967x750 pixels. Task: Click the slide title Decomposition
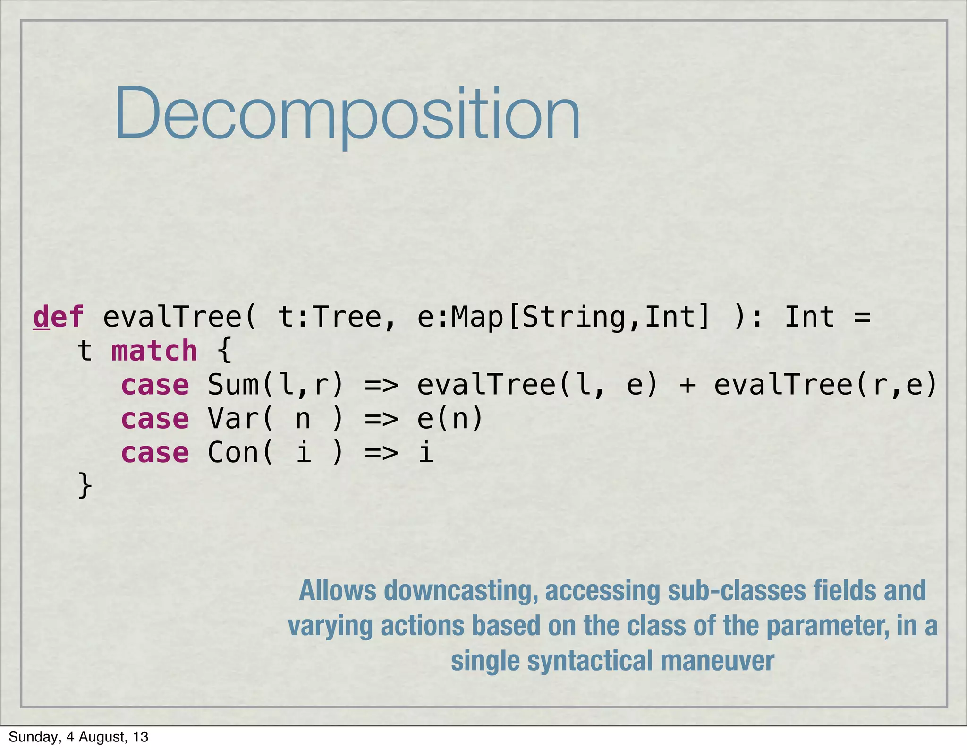click(x=347, y=114)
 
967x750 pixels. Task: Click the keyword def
click(x=58, y=317)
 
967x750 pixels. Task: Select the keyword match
click(x=154, y=351)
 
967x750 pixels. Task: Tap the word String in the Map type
click(x=575, y=317)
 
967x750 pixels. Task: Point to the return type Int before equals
click(x=809, y=317)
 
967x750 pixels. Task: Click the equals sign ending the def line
click(x=862, y=318)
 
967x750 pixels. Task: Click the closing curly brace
click(x=85, y=485)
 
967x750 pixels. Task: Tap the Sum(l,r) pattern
click(x=276, y=385)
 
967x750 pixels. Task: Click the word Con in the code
click(x=233, y=453)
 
